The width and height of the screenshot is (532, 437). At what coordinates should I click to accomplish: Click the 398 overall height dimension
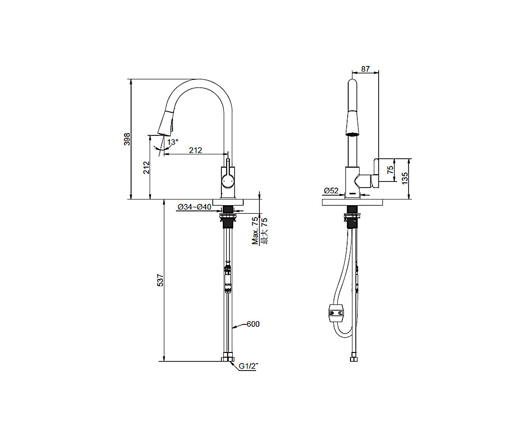point(127,139)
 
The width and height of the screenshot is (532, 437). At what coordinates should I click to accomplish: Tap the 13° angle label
point(172,142)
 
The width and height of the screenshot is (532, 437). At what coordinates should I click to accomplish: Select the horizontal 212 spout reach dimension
point(195,150)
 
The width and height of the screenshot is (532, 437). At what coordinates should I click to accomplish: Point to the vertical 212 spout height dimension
point(146,168)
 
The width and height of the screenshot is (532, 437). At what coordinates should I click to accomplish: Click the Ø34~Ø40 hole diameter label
point(194,207)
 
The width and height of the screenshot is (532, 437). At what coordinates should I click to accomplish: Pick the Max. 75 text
point(255,231)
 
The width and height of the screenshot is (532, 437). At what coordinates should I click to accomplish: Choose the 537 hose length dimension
point(161,280)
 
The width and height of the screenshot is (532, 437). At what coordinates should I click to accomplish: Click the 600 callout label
point(253,324)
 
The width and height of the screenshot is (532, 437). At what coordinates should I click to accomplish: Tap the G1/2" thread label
point(249,366)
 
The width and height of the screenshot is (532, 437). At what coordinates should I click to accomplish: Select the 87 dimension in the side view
point(365,69)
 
